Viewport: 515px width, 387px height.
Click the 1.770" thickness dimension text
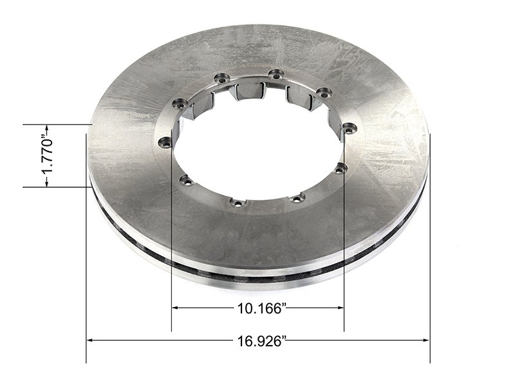point(46,155)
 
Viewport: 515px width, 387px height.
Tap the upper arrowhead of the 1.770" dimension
point(46,127)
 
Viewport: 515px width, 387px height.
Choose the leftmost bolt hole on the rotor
point(164,142)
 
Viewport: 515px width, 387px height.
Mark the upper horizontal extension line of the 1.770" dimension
point(58,123)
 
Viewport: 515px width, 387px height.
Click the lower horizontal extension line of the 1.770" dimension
point(58,187)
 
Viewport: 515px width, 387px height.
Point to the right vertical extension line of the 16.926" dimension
point(430,258)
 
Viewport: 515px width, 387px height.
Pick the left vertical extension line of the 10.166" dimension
point(171,271)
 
